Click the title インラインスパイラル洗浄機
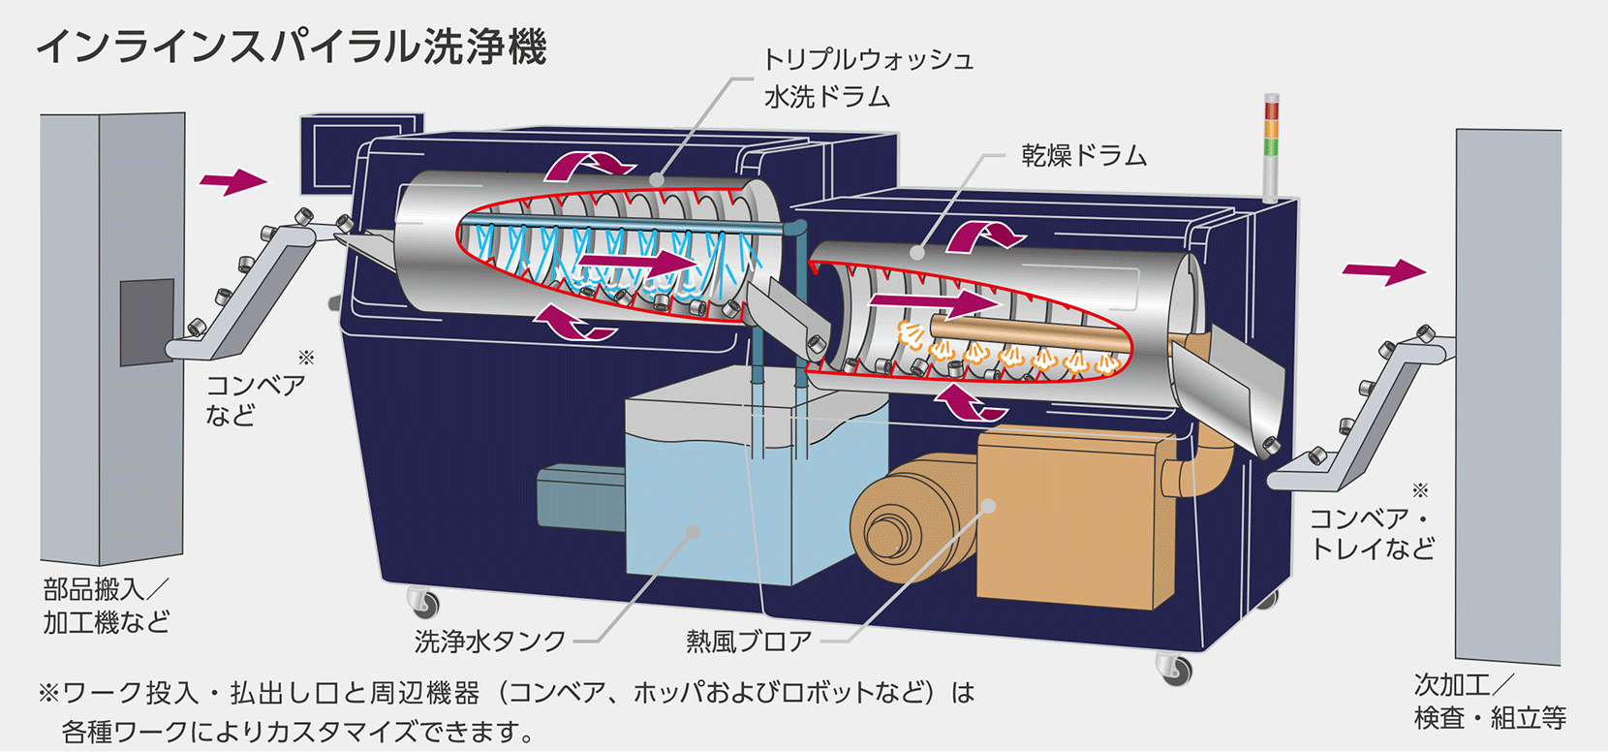pos(291,47)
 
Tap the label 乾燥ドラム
pos(1083,156)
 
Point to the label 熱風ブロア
pos(749,642)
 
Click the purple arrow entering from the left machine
pos(232,180)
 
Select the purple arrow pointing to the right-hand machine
pos(1385,271)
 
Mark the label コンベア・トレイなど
pos(1372,534)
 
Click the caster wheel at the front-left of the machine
pos(423,603)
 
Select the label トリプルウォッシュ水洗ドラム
pos(867,78)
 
